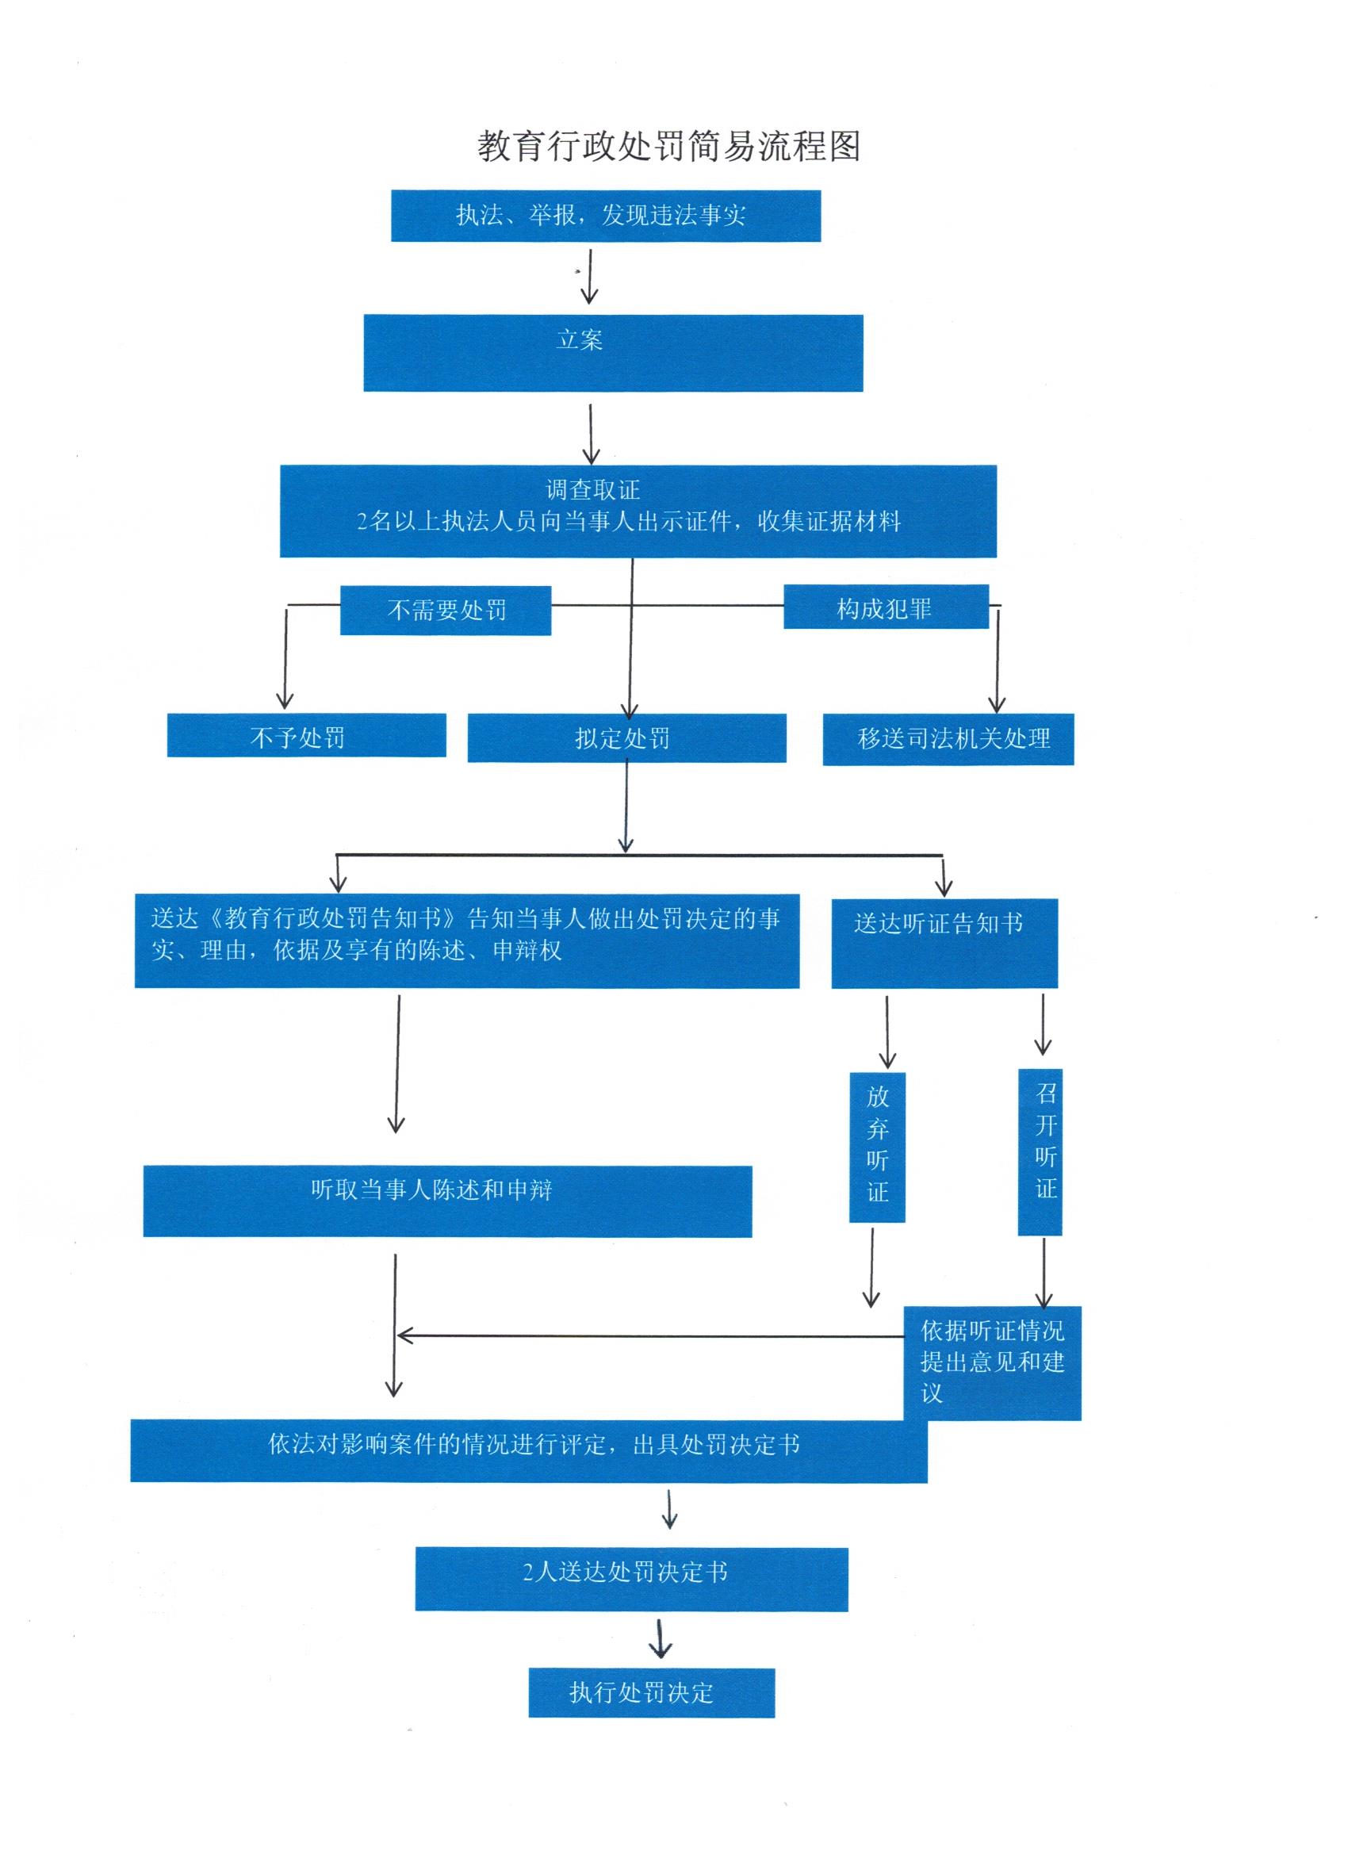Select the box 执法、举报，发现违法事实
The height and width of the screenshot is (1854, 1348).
606,216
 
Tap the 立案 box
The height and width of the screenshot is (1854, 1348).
613,353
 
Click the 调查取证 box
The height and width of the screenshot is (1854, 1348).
638,511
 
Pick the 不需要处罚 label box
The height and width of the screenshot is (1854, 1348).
446,610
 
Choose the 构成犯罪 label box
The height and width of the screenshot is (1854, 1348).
887,607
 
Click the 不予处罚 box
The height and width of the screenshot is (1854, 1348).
307,735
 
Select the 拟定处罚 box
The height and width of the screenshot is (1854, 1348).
627,737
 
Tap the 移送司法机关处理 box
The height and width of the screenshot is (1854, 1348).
948,739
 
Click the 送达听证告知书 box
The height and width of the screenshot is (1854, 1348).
944,944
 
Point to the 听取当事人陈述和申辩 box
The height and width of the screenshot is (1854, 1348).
447,1201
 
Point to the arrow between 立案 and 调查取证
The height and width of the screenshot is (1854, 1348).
590,434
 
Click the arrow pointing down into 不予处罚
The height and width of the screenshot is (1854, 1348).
285,657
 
